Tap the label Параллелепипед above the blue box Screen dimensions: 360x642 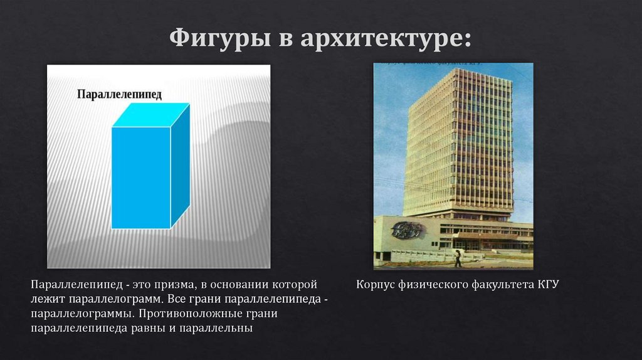click(x=119, y=94)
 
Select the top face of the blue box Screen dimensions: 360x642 click(x=150, y=115)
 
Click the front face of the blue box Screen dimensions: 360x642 click(x=141, y=177)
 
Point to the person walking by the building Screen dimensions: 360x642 click(x=458, y=257)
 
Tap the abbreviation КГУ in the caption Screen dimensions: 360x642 click(x=547, y=285)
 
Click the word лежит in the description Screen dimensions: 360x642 click(x=46, y=299)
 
